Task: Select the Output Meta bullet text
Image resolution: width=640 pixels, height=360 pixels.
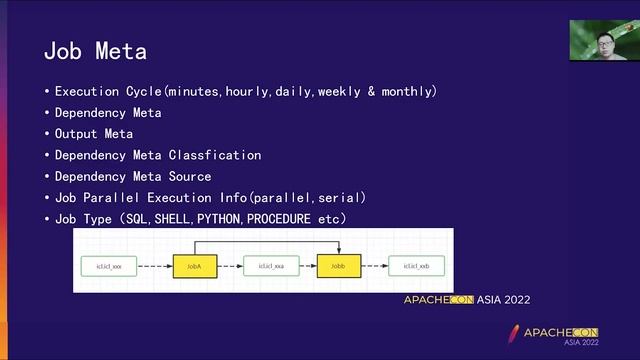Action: pos(93,134)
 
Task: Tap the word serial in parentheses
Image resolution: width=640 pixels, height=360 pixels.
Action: pos(340,197)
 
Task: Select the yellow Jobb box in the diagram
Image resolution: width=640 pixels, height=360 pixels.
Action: pos(337,266)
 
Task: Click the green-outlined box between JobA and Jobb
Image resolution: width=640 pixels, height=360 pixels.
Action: pos(271,266)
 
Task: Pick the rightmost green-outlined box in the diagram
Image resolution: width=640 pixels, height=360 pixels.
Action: pos(417,266)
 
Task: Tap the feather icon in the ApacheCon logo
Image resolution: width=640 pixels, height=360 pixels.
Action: pos(514,333)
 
